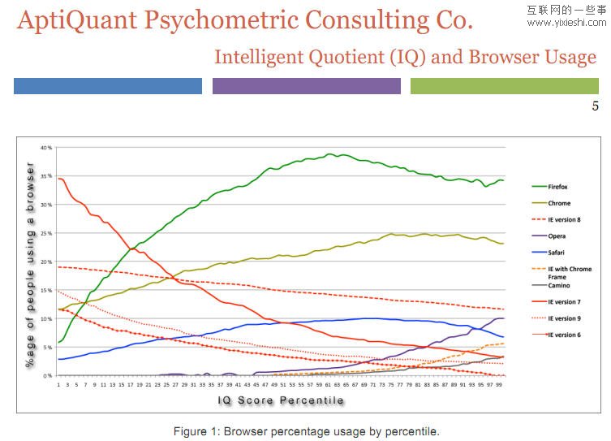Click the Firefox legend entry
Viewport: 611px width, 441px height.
point(559,187)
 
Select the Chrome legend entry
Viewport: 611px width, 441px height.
point(559,203)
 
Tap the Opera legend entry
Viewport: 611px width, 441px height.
point(557,236)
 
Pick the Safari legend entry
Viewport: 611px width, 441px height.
point(557,253)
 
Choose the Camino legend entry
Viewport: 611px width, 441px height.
point(558,286)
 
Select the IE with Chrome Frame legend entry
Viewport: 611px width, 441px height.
point(569,273)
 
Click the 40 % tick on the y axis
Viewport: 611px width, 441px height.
point(46,148)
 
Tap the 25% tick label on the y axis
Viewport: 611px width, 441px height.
point(46,233)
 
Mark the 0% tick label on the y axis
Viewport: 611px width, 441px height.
point(48,376)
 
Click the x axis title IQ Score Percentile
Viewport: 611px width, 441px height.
point(281,401)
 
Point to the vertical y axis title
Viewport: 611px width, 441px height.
point(30,265)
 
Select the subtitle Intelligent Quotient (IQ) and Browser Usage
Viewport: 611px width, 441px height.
point(405,57)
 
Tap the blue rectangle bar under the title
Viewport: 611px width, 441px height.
point(108,86)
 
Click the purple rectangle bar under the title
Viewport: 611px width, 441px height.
point(306,86)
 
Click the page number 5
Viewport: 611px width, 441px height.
point(595,106)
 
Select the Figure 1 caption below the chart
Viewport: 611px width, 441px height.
point(306,431)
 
